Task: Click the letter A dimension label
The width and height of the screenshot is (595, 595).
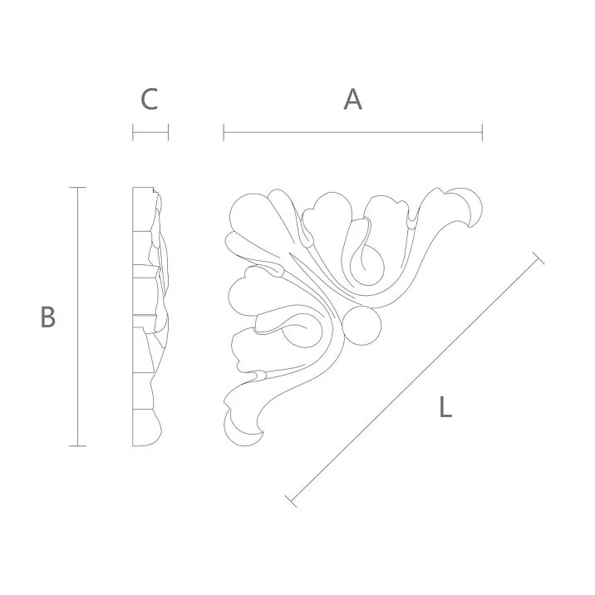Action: tap(353, 100)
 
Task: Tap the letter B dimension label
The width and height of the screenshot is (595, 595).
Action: tap(48, 317)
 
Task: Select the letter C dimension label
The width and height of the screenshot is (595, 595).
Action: tap(149, 100)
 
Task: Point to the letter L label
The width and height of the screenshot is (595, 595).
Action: tap(445, 407)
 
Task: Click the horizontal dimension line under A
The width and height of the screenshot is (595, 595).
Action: tap(353, 131)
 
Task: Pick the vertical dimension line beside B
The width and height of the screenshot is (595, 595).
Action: tap(77, 317)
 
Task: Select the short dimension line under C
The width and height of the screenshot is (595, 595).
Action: tap(150, 131)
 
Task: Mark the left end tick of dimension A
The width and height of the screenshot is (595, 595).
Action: tap(224, 131)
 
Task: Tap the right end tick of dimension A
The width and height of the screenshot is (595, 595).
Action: tap(482, 131)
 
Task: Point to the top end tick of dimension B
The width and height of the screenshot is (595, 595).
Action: tap(77, 188)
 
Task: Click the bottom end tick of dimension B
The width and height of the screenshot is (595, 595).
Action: tap(77, 446)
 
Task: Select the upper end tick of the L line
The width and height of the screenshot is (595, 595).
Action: tap(538, 259)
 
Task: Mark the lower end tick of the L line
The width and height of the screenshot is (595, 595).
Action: tap(291, 500)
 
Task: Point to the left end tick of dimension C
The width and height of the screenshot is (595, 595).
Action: tap(133, 131)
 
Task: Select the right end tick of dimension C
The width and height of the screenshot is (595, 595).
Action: tap(168, 131)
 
